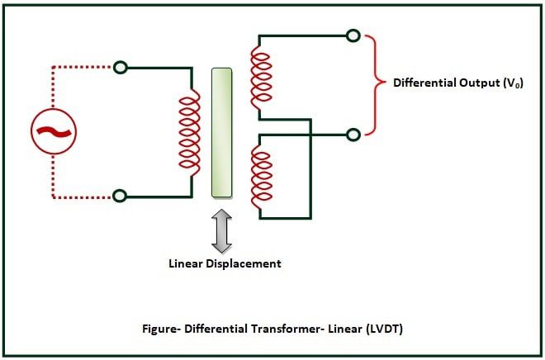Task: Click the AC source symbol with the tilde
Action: click(x=54, y=130)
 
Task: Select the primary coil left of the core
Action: click(x=190, y=130)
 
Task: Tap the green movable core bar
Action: click(x=221, y=132)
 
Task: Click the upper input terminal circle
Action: click(x=120, y=67)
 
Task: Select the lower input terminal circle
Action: click(x=120, y=196)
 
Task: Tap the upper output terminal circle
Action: click(x=353, y=36)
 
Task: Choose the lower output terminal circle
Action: click(x=353, y=133)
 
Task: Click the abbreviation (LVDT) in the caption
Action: click(x=380, y=329)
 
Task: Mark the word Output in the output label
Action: click(x=478, y=83)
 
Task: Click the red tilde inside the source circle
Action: click(x=54, y=130)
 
